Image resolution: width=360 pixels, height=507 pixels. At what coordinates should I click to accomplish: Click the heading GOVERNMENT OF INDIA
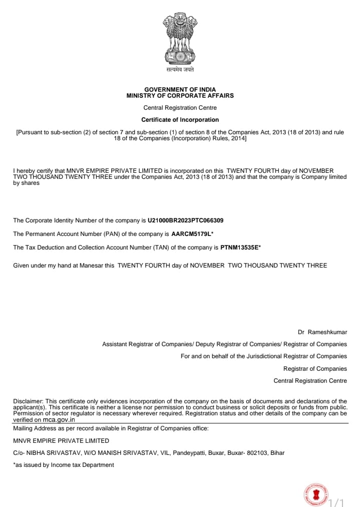pos(180,89)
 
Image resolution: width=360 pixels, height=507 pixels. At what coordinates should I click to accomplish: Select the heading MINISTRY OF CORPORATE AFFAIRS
pos(180,95)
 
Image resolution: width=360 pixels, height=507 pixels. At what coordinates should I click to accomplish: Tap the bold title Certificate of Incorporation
pos(180,120)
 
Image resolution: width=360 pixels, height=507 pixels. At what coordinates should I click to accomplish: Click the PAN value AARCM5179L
pos(191,234)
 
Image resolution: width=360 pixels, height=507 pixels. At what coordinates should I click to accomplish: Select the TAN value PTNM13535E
pos(239,247)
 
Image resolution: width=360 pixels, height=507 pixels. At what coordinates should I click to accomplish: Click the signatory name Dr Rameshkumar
pos(322,332)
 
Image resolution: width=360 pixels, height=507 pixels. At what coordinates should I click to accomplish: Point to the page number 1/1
pos(337,501)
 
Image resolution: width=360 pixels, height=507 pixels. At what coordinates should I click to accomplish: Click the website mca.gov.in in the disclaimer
pos(59,420)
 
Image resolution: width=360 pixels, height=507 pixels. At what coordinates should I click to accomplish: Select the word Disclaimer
pos(28,401)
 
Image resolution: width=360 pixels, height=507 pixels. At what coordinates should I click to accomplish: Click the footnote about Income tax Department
pos(64,465)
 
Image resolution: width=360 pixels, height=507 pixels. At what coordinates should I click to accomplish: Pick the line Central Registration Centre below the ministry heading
pos(180,108)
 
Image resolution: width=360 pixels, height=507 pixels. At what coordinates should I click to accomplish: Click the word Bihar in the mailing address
pos(277,453)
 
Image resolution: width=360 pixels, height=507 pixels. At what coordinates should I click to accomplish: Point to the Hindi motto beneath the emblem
pos(180,70)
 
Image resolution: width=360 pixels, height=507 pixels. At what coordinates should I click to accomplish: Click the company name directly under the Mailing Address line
pos(61,441)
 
